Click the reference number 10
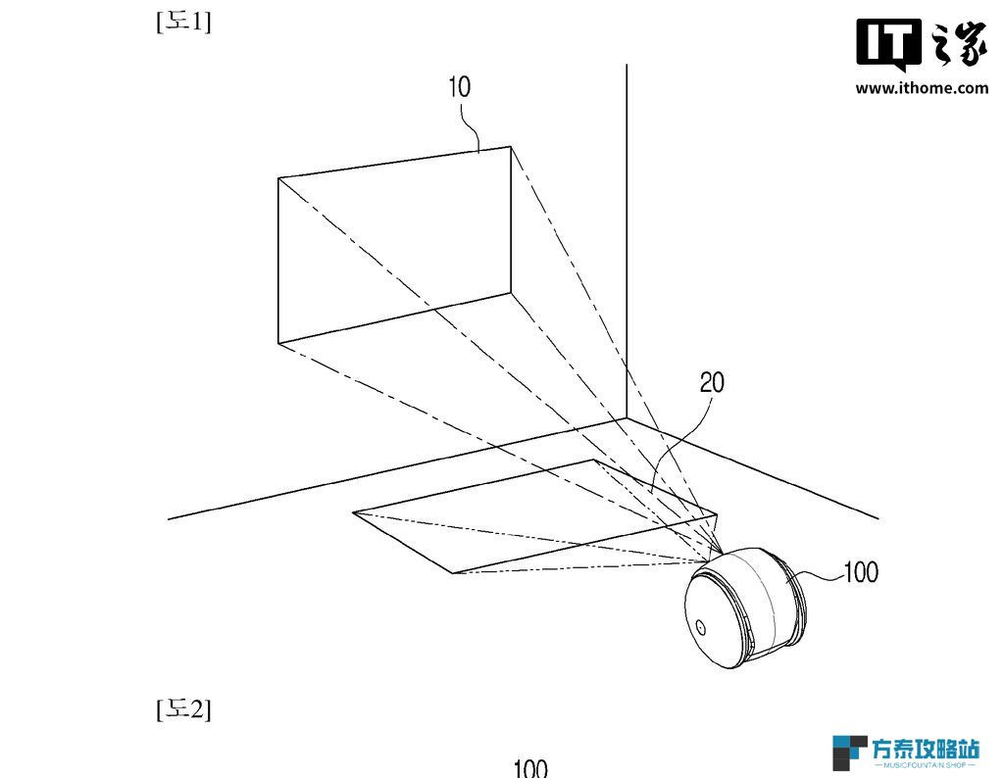pyautogui.click(x=459, y=87)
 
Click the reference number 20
pyautogui.click(x=712, y=382)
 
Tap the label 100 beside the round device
pyautogui.click(x=861, y=572)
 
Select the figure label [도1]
pyautogui.click(x=183, y=22)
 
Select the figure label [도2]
pyautogui.click(x=183, y=708)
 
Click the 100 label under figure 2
pyautogui.click(x=530, y=768)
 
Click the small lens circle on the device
pyautogui.click(x=701, y=627)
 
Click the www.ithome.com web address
pyautogui.click(x=922, y=87)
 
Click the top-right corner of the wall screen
pyautogui.click(x=510, y=147)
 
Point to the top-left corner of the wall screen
pyautogui.click(x=278, y=178)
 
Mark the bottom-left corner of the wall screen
pyautogui.click(x=278, y=344)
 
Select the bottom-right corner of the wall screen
pyautogui.click(x=510, y=293)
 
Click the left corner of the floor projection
pyautogui.click(x=353, y=512)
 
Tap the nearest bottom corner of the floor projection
pyautogui.click(x=453, y=573)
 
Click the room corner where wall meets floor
pyautogui.click(x=627, y=418)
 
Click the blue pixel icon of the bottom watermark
pyautogui.click(x=849, y=753)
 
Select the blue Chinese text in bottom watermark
pyautogui.click(x=926, y=750)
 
